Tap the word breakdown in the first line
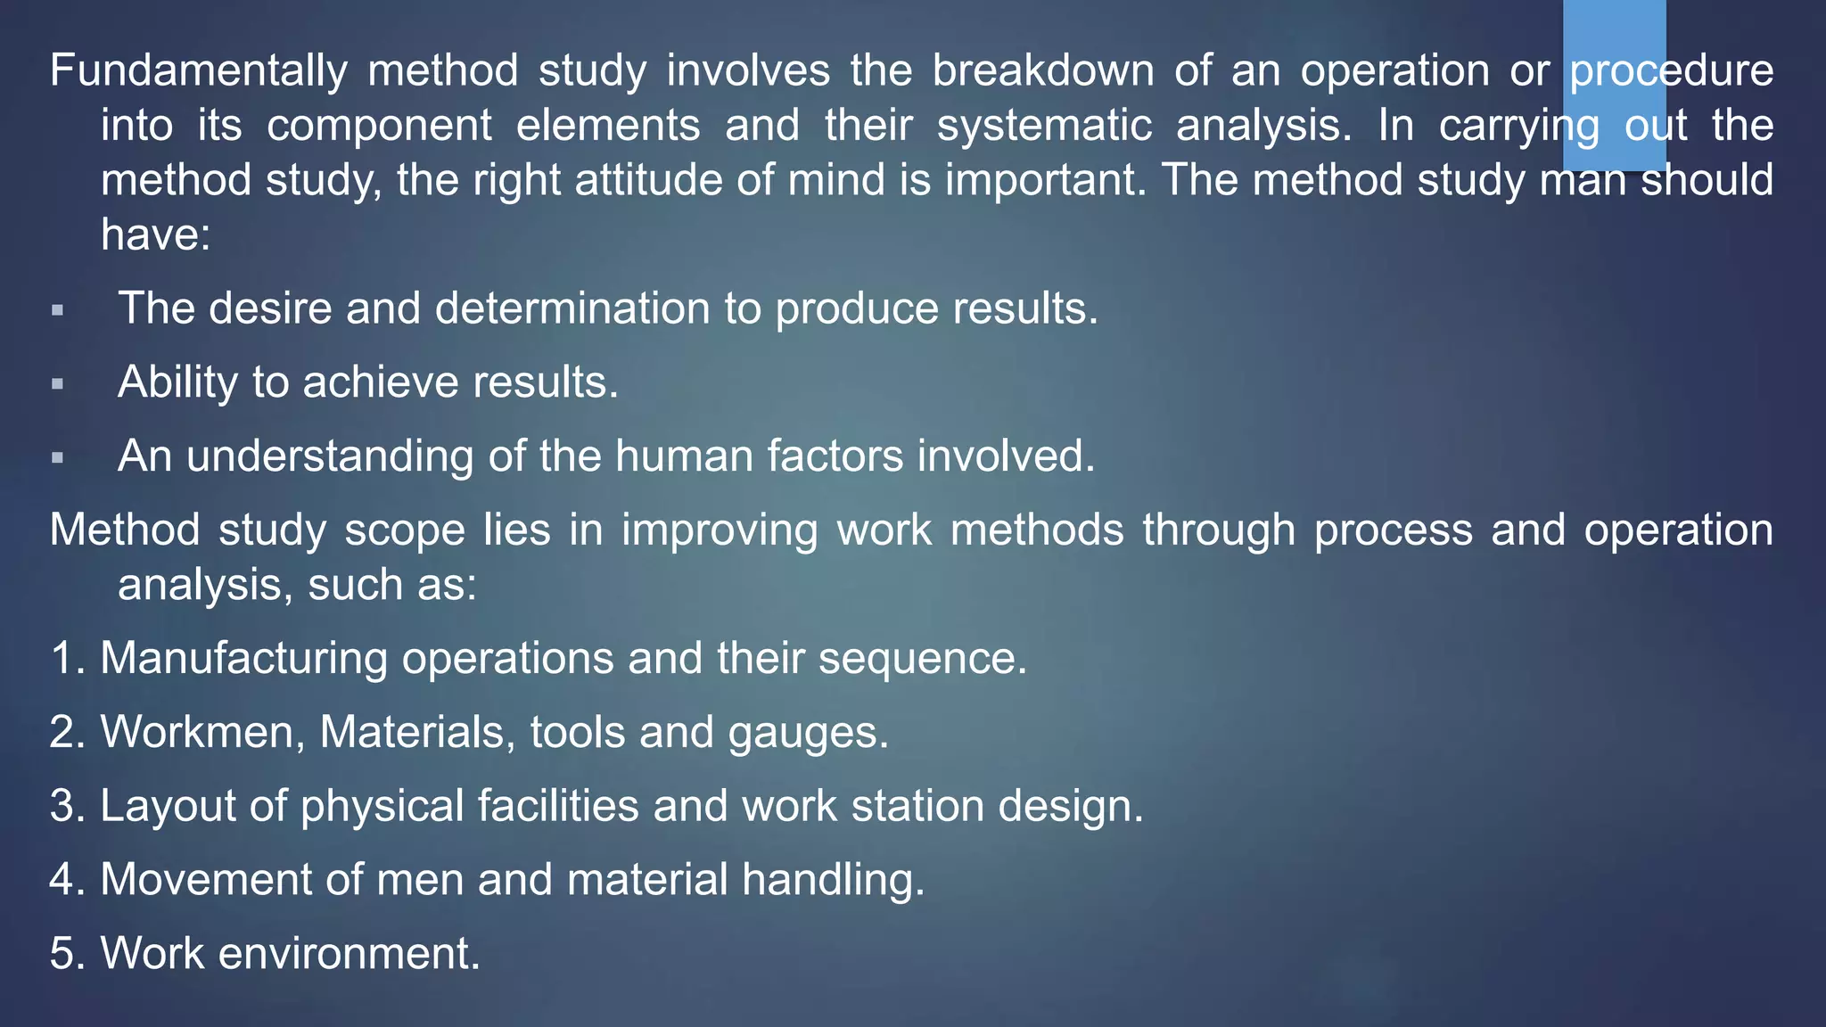point(1043,70)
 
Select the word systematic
point(1044,126)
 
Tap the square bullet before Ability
point(58,384)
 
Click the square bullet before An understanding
point(58,458)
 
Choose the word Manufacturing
point(243,659)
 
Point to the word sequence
point(922,660)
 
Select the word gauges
point(807,734)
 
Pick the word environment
point(349,953)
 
